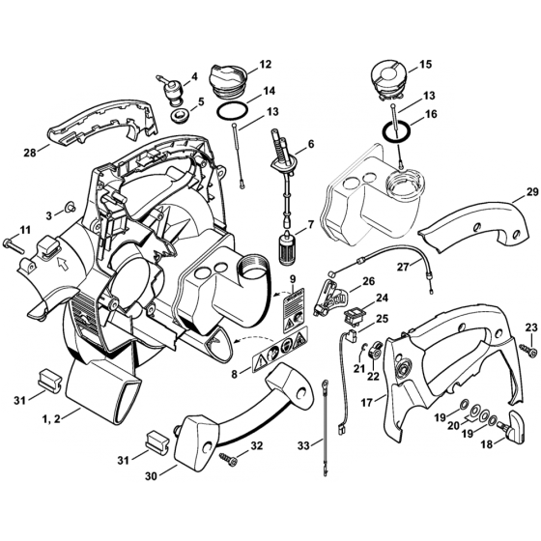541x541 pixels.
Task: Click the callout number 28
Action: click(31, 152)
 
